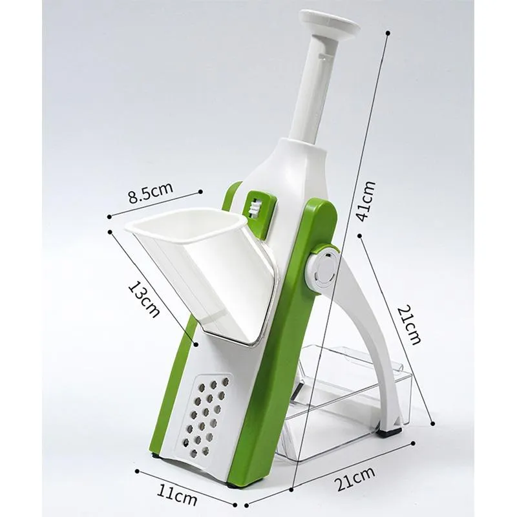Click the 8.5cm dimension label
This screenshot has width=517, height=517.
pyautogui.click(x=151, y=193)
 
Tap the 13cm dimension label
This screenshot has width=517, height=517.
pyautogui.click(x=143, y=299)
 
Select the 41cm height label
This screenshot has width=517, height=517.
pyautogui.click(x=366, y=201)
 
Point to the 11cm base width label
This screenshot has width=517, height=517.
pyautogui.click(x=176, y=494)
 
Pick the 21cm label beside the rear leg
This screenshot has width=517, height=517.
pyautogui.click(x=409, y=326)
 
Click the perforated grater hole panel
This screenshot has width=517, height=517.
pyautogui.click(x=206, y=417)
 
